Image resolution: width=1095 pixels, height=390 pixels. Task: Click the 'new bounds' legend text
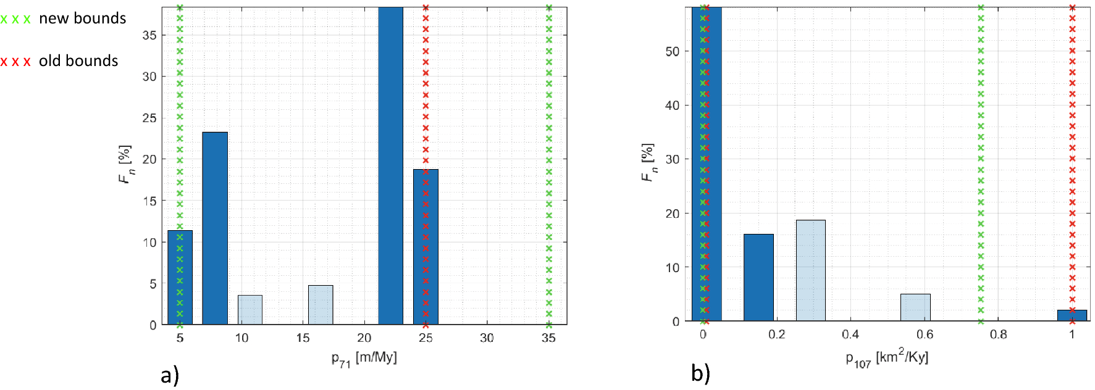click(82, 19)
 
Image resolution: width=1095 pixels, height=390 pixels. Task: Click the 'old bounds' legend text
click(78, 61)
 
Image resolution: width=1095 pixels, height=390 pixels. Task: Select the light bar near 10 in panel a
click(250, 310)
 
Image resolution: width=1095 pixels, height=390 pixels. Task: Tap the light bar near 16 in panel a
click(321, 305)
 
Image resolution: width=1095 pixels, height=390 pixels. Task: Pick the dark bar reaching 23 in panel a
click(215, 228)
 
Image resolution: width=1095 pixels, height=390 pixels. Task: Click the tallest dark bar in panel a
click(390, 167)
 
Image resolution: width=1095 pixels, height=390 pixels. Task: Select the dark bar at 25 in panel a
click(426, 247)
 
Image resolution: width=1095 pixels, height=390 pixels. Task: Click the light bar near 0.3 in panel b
click(810, 271)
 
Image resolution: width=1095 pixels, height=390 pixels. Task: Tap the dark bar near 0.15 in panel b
click(758, 278)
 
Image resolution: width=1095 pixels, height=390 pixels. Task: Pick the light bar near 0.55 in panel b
click(915, 307)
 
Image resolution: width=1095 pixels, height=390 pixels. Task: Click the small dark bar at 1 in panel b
click(1072, 315)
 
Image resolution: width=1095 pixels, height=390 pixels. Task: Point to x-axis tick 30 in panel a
click(487, 338)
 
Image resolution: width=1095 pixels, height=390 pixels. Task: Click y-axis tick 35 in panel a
click(149, 35)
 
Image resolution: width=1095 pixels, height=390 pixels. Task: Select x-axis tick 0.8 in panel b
click(998, 334)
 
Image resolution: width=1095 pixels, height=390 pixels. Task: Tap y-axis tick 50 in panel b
click(673, 51)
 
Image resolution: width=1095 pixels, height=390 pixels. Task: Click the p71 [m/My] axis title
click(364, 359)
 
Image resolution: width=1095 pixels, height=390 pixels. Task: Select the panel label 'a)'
click(170, 375)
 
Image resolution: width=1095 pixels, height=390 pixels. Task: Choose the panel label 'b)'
click(701, 373)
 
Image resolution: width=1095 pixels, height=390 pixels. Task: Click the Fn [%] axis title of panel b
click(647, 163)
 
